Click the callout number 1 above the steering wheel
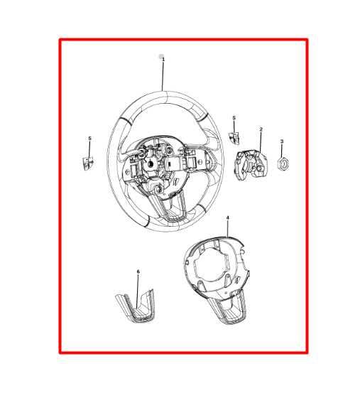click(163, 60)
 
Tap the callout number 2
click(261, 129)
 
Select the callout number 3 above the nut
click(282, 141)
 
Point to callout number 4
click(228, 218)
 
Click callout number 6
click(138, 271)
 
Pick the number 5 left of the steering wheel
click(89, 139)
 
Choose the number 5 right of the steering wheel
click(234, 118)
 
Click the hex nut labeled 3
click(283, 163)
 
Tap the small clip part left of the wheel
click(88, 163)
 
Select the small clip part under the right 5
click(234, 138)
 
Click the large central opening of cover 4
click(211, 264)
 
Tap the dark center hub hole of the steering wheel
click(151, 163)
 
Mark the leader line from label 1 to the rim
click(163, 76)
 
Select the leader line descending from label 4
click(228, 229)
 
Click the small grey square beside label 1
click(160, 56)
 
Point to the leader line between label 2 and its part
click(261, 142)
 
